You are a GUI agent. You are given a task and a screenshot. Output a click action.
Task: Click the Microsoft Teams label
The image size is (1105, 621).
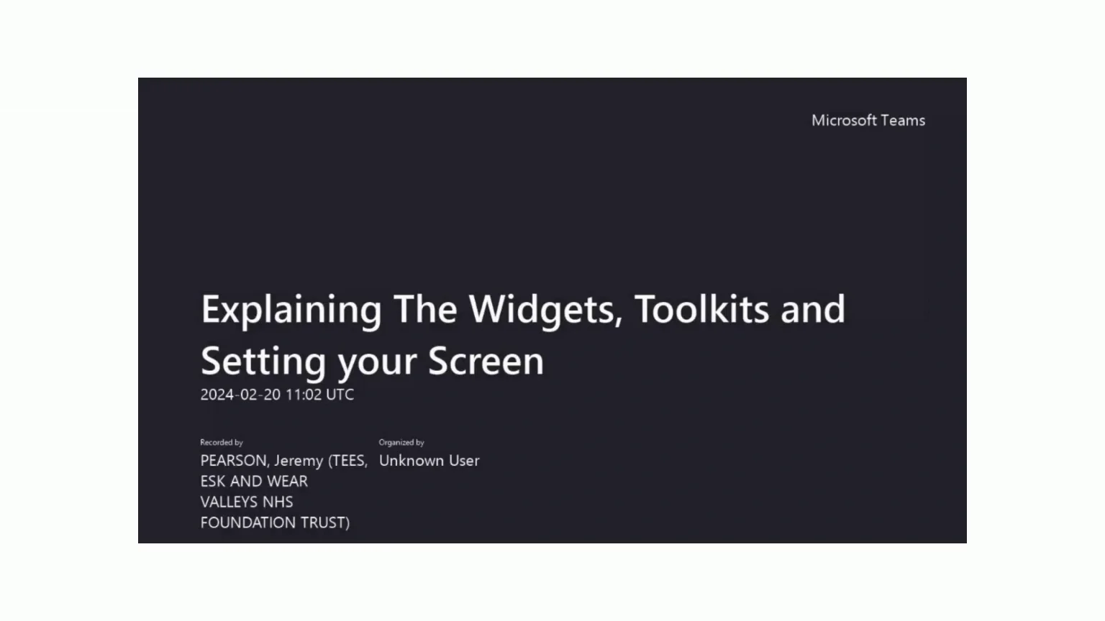(x=868, y=121)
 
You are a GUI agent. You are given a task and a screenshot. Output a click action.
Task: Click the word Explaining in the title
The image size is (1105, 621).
(x=291, y=310)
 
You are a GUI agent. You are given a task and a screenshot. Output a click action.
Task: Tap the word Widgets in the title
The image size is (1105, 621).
(x=545, y=310)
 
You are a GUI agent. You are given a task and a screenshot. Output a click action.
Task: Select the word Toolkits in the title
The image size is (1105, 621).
(x=701, y=309)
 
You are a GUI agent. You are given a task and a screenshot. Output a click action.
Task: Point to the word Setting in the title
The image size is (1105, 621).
(x=263, y=362)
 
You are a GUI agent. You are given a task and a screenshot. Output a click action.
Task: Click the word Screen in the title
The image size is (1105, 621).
(x=486, y=361)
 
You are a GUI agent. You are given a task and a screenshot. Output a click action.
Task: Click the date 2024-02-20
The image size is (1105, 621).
(x=240, y=395)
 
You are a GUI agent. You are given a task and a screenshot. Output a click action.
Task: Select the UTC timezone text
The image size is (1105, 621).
(x=340, y=395)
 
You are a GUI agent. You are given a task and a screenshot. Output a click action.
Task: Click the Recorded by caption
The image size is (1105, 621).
(x=222, y=443)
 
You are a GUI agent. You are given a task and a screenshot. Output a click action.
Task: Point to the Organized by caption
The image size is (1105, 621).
(x=401, y=443)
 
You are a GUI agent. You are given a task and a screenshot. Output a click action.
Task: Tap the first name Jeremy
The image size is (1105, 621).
(x=298, y=461)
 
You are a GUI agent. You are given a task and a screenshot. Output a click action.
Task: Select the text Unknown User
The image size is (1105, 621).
(x=429, y=461)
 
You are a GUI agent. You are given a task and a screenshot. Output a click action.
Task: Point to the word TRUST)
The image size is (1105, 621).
(x=325, y=523)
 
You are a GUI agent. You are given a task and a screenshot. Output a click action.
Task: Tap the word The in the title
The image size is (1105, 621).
(x=425, y=310)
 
